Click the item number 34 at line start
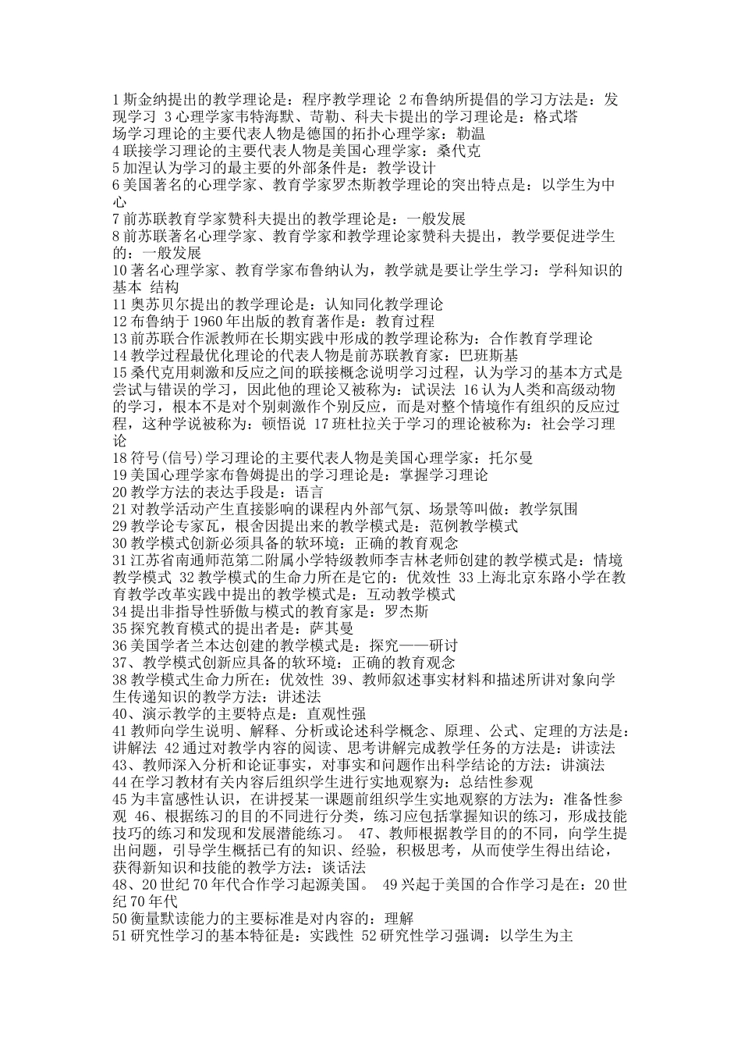[120, 611]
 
